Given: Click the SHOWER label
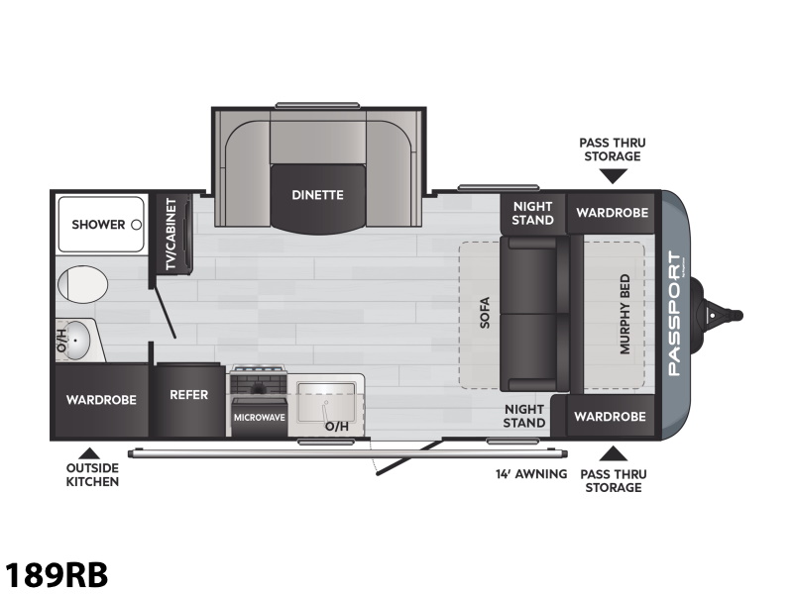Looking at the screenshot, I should tap(98, 225).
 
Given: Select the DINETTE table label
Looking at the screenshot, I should tap(317, 195).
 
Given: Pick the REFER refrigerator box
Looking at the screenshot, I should tap(188, 395).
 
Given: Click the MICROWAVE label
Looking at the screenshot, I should tap(259, 417).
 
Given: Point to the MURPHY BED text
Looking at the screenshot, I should tap(625, 315).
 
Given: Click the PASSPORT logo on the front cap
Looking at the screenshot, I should tap(674, 315).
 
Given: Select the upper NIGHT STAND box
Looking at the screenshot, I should tap(532, 213).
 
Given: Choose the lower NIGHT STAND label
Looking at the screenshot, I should tap(524, 416).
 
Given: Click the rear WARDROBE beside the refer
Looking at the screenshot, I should tap(100, 400).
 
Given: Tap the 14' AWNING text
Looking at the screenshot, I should tap(531, 474).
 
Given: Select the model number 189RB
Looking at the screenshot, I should tap(57, 573).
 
